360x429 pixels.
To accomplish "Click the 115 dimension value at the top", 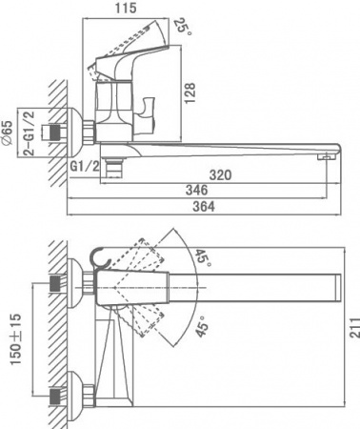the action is (126, 8).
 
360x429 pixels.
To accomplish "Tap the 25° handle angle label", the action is (183, 27).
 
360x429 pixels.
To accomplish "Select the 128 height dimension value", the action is (190, 92).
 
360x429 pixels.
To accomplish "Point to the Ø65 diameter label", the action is (8, 133).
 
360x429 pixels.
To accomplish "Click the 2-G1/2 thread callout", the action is (30, 133).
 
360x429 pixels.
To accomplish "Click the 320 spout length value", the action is (220, 174).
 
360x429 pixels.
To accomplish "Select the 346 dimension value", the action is (197, 190).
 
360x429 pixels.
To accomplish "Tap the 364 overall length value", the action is (204, 206).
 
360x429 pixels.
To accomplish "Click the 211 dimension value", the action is (354, 327).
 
